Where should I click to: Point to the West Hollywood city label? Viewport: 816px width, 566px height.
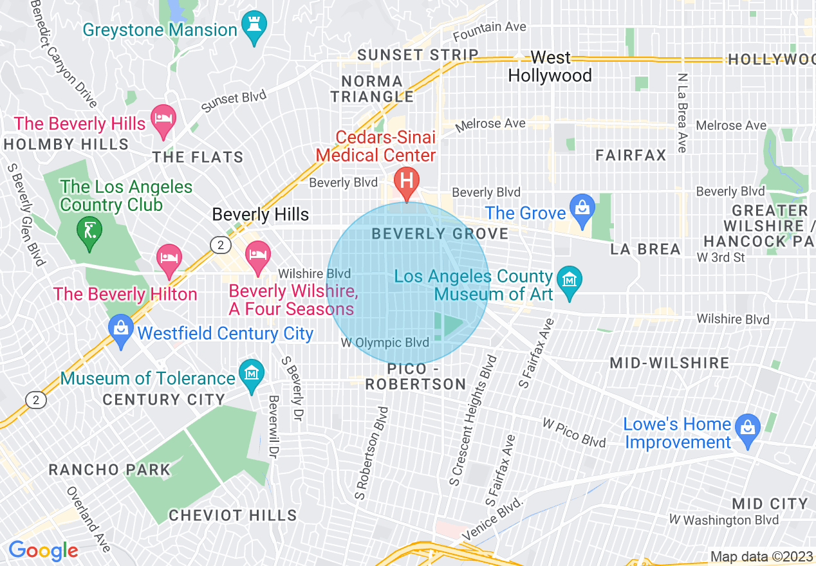click(550, 67)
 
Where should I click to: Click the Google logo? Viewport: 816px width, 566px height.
click(43, 551)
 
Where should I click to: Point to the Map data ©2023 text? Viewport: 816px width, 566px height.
click(761, 556)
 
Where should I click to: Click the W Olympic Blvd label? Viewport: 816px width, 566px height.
click(385, 343)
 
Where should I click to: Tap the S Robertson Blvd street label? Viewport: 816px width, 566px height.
click(373, 453)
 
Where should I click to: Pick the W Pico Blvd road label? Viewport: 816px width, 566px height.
click(574, 432)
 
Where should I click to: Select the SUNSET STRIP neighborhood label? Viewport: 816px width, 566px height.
click(418, 55)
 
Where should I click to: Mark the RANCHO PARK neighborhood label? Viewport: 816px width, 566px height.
click(109, 470)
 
